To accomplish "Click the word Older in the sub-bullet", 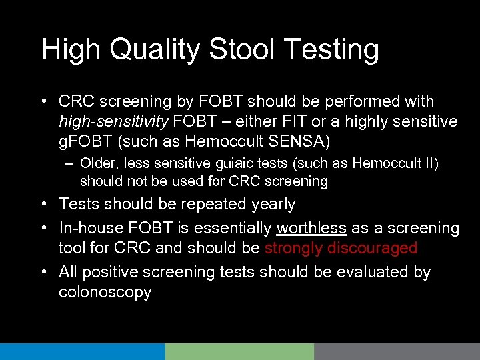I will pyautogui.click(x=98, y=163).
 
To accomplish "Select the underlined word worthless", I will pyautogui.click(x=311, y=228).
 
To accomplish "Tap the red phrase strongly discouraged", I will pyautogui.click(x=341, y=249).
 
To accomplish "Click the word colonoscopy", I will pyautogui.click(x=105, y=292).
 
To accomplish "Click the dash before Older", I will pyautogui.click(x=69, y=163).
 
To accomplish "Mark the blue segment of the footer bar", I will pyautogui.click(x=82, y=351).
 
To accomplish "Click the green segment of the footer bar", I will pyautogui.click(x=239, y=351).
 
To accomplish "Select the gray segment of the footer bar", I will pyautogui.click(x=397, y=351).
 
